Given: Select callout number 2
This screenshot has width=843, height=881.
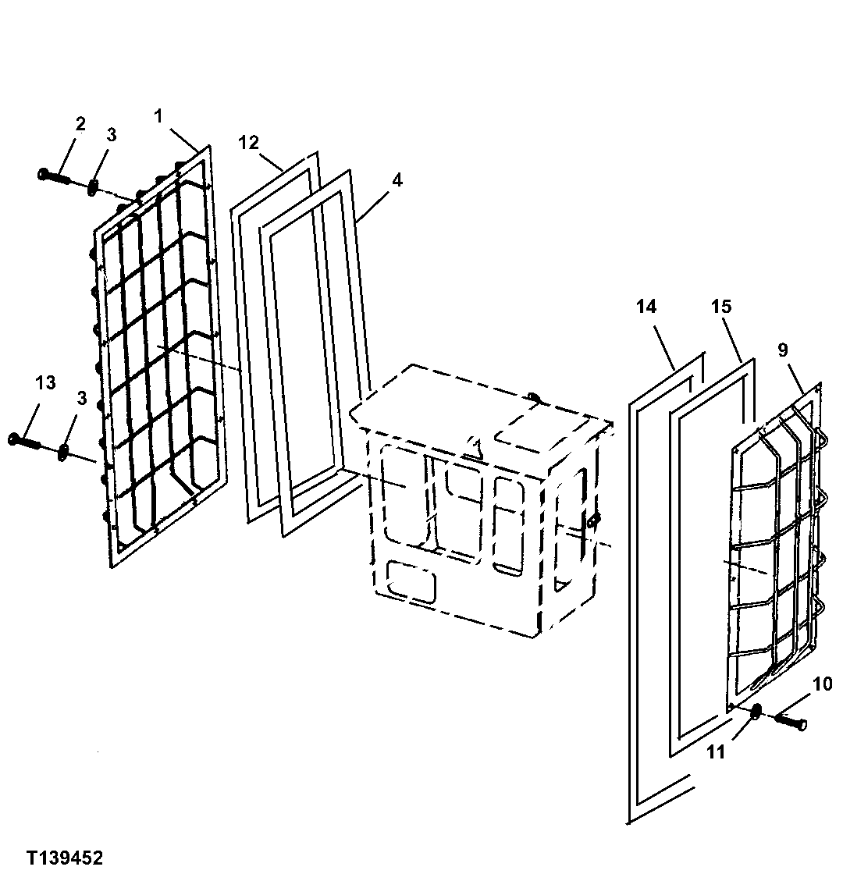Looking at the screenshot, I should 80,123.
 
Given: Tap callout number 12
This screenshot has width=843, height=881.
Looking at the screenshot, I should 248,143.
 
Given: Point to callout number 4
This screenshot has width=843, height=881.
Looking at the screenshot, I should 397,180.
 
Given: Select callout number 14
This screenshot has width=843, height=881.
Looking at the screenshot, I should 646,307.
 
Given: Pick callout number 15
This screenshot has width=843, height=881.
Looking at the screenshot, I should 722,307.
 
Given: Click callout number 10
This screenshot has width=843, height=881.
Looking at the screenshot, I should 823,684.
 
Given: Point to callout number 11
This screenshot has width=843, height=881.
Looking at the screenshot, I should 716,752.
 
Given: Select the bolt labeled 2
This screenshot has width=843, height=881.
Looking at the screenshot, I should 53,177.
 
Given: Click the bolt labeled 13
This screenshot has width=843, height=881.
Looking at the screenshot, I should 25,442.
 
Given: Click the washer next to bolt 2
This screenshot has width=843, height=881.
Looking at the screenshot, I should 94,187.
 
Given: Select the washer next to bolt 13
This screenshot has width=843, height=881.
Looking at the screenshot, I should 62,451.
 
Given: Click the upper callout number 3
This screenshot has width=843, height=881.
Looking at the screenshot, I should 111,134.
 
